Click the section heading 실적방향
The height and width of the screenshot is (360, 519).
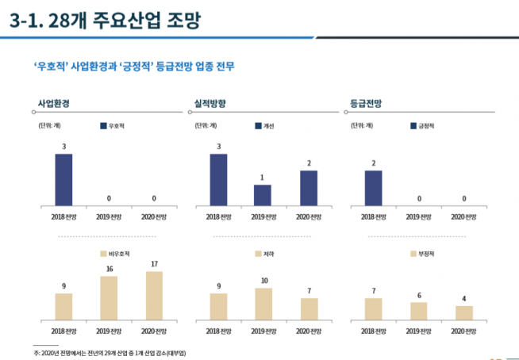pos(210,104)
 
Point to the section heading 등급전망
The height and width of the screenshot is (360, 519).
pos(365,104)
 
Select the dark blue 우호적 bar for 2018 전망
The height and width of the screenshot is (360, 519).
pos(63,179)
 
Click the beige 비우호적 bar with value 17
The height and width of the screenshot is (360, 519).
pos(154,294)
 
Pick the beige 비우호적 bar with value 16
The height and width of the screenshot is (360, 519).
pos(109,297)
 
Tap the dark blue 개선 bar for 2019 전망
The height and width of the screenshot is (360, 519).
pos(263,195)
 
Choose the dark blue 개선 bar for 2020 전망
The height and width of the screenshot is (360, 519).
pos(309,188)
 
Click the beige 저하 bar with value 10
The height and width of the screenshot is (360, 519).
pos(263,302)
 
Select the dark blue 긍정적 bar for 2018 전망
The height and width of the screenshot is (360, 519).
pos(373,188)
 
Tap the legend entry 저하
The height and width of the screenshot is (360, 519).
pos(265,254)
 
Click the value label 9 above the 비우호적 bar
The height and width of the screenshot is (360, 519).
pos(63,286)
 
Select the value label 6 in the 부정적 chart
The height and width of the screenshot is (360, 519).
pos(418,295)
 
